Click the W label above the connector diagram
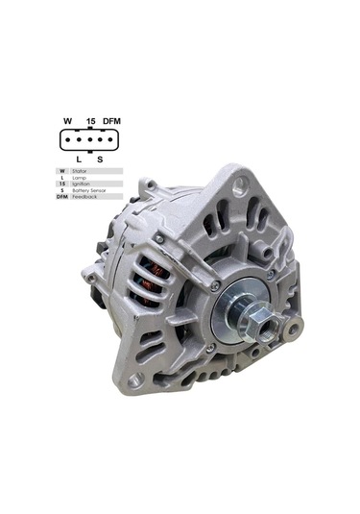tap(67, 121)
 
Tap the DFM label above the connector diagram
tap(111, 121)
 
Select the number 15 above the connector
tap(90, 121)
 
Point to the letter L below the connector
tap(79, 159)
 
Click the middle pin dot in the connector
tap(89, 139)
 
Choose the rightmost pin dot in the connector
tap(109, 139)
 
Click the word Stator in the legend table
tap(80, 170)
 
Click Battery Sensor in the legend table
tap(86, 190)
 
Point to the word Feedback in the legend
tap(84, 197)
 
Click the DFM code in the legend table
tap(62, 197)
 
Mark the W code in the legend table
tap(62, 170)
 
